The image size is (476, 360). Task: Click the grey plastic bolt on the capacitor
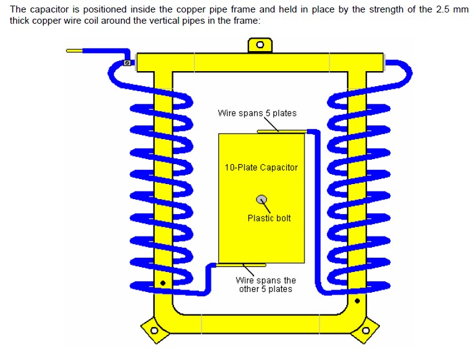coord(261,200)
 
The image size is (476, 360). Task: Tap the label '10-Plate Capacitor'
coord(261,167)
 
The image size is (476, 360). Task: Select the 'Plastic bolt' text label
coord(269,218)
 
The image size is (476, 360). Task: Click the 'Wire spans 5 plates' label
coord(257,113)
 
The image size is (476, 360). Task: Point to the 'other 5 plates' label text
coord(266,289)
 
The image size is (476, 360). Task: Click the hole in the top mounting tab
coord(260,45)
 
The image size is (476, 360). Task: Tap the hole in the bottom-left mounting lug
coord(154,330)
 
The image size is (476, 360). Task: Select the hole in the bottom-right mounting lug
coord(366,330)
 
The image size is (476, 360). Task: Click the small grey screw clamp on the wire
coord(127,63)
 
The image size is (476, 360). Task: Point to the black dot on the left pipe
coord(163,283)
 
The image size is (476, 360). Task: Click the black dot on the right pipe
coord(357,301)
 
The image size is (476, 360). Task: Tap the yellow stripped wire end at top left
coord(74,51)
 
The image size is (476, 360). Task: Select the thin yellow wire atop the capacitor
coord(282,132)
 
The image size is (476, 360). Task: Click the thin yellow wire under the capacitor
coord(241,265)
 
